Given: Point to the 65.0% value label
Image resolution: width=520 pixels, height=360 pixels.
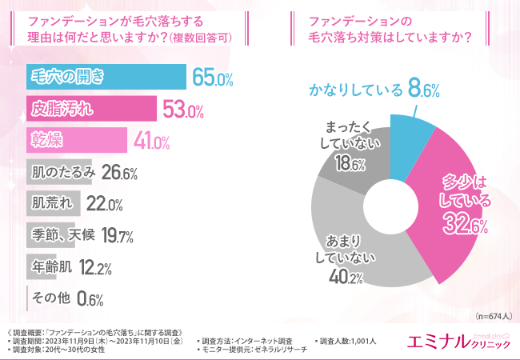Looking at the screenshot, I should [x=212, y=78].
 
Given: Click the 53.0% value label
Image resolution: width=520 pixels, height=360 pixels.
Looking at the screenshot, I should [x=183, y=109].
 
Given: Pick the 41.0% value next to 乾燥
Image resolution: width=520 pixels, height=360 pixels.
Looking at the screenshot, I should [x=152, y=141].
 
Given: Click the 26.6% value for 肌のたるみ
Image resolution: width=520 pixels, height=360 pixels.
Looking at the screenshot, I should [x=121, y=172].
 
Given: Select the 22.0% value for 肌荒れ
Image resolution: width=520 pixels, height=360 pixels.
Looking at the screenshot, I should [x=104, y=203].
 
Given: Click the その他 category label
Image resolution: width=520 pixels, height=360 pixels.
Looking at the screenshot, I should [x=49, y=298].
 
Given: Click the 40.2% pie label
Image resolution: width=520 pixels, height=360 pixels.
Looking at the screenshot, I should [x=346, y=277].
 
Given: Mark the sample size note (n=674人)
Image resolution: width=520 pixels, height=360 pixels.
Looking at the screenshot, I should [x=490, y=314].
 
